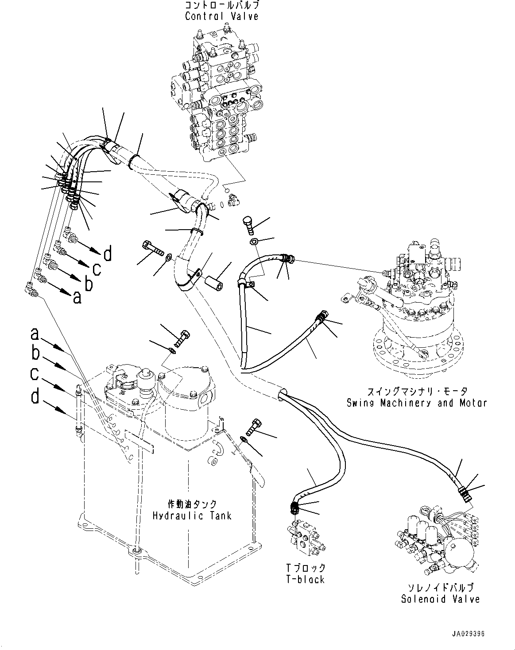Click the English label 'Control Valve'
click(221, 17)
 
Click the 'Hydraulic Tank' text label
click(192, 516)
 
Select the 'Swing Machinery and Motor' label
click(416, 403)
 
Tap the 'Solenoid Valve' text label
click(440, 599)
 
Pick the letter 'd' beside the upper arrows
click(108, 254)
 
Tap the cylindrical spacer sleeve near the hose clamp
click(214, 282)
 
